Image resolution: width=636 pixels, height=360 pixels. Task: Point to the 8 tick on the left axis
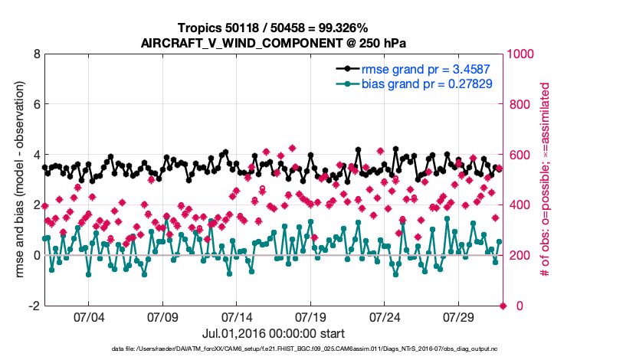pos(36,54)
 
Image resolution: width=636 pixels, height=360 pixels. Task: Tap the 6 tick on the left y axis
pos(36,104)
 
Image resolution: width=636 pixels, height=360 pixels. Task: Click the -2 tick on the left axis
pos(33,306)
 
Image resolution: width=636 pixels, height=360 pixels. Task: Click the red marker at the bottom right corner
pos(503,306)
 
